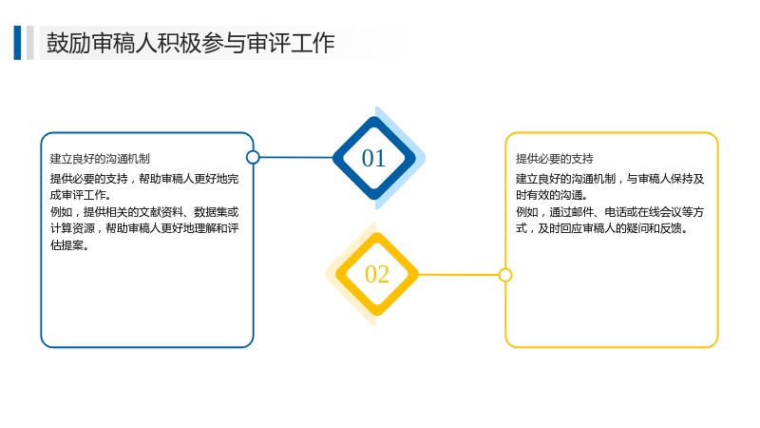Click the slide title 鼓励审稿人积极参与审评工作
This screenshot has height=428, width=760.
click(191, 43)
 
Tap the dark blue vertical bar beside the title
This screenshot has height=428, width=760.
click(17, 43)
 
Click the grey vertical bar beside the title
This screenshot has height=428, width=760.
click(30, 43)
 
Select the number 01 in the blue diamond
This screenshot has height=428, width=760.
click(373, 158)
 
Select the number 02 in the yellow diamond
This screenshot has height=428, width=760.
click(377, 274)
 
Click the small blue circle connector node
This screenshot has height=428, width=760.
click(253, 157)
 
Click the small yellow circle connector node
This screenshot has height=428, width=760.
click(505, 275)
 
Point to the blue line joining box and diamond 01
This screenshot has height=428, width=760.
click(296, 157)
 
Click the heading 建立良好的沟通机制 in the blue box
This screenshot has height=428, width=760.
click(100, 159)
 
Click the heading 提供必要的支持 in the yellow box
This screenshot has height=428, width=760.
click(555, 159)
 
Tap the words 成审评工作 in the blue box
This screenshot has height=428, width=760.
click(78, 195)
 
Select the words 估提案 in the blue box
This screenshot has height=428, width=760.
click(66, 245)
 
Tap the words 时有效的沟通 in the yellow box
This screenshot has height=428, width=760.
click(549, 195)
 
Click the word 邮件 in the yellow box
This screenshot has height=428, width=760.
click(582, 212)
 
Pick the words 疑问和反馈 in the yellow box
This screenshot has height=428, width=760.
click(655, 228)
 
